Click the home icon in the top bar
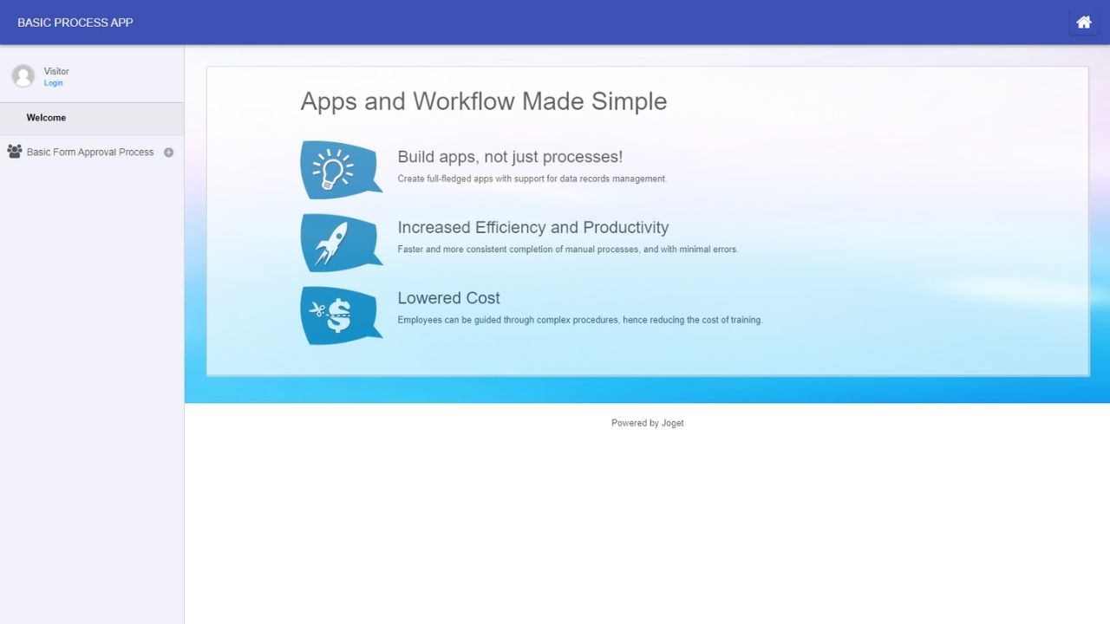coord(1084,23)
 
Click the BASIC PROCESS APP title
coord(75,23)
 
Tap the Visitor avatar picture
coord(23,75)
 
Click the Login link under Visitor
coord(53,83)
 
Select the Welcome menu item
coord(46,118)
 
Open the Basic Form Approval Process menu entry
coord(90,152)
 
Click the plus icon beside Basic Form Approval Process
coord(168,153)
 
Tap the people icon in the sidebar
coord(15,151)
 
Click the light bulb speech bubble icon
coord(341,170)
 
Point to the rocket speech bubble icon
coord(341,243)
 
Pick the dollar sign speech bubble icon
coord(341,315)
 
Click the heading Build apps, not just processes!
coord(510,157)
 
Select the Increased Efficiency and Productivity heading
coord(532,227)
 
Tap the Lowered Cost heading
coord(448,298)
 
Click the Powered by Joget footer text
coord(647,423)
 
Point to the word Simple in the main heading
coord(629,102)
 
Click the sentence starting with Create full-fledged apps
coord(532,179)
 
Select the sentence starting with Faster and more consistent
coord(568,249)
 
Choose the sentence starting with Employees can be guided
coord(580,320)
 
